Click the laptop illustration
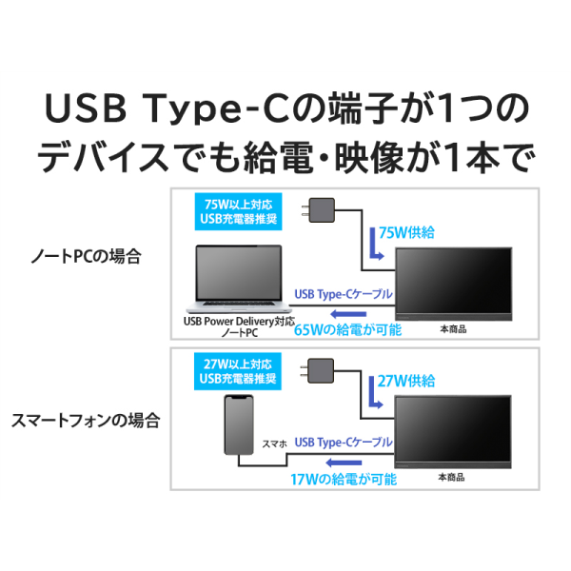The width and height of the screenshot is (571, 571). coord(239,279)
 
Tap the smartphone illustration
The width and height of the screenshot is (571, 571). coord(239,424)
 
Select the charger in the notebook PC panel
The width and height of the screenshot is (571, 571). coord(318,210)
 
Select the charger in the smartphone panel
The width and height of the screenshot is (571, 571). coord(317,371)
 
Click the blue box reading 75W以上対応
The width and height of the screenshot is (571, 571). coord(239,211)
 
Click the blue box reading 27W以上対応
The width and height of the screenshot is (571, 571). coord(238,371)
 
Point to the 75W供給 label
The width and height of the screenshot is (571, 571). coord(406,233)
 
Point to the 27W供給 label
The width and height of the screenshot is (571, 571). coord(406,381)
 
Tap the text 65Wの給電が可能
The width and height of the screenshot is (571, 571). coord(347,330)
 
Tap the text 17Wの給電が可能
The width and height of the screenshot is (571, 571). coord(344,480)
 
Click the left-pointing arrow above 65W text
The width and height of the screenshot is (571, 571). coord(348,314)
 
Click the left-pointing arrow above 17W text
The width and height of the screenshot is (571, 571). coord(344,463)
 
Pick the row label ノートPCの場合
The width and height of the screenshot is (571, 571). coord(86,256)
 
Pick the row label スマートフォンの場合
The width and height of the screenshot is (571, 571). coord(86,421)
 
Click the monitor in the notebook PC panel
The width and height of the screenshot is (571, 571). coord(454,284)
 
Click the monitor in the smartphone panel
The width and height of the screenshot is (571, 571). coord(453,431)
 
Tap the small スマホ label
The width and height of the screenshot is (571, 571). coord(275,443)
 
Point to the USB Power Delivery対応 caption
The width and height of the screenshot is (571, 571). coord(239,322)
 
